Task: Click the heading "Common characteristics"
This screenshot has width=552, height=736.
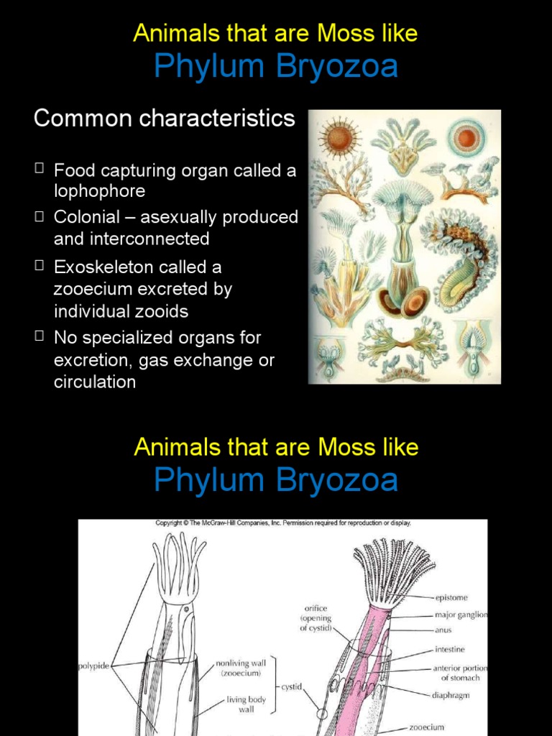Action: (164, 119)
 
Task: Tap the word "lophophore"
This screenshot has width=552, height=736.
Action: (99, 191)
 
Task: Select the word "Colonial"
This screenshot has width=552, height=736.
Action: (89, 217)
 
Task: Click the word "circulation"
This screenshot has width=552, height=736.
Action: (95, 382)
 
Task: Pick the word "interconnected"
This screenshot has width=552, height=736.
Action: (132, 239)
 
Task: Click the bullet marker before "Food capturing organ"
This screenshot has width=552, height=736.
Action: (39, 170)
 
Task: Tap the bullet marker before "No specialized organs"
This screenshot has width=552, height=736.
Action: (39, 336)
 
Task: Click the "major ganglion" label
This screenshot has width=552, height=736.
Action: (461, 615)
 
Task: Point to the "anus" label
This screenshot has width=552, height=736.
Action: (443, 631)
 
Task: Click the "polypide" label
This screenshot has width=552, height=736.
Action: (94, 666)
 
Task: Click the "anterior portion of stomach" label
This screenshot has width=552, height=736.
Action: (460, 673)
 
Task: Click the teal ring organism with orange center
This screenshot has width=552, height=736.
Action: (466, 137)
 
